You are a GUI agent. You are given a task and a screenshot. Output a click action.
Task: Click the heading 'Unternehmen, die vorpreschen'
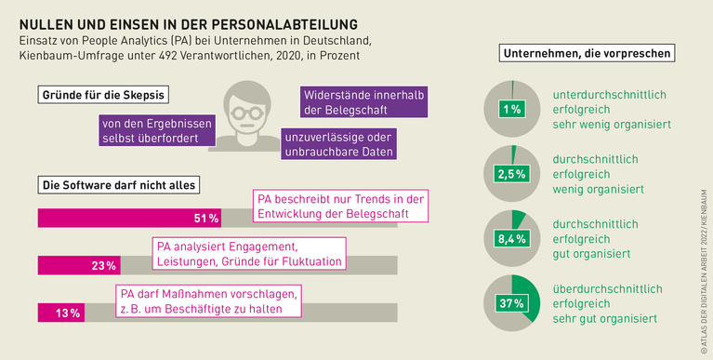click(587, 54)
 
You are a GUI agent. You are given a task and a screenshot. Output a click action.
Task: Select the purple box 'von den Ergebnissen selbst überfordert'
click(156, 131)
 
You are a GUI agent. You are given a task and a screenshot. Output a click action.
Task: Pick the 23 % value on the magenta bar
click(104, 266)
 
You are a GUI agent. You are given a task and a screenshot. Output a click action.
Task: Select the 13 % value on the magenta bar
click(67, 313)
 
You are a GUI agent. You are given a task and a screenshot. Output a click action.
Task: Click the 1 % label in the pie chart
click(510, 110)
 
